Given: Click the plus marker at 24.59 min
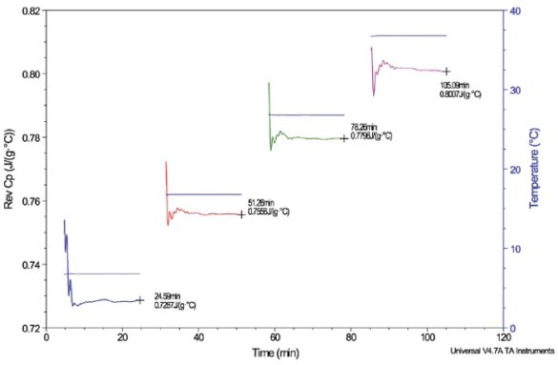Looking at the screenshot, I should (x=140, y=300).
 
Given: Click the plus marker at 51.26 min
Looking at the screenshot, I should (x=241, y=214).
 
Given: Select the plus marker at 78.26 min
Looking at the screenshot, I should (x=343, y=138).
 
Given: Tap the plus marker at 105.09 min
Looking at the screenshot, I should (x=445, y=71).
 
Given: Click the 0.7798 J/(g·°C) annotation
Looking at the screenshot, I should (x=372, y=136).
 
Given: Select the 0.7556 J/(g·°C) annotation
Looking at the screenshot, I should (x=270, y=213).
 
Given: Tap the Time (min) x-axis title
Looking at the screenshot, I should (x=277, y=354).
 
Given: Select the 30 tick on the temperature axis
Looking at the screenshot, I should (x=515, y=91).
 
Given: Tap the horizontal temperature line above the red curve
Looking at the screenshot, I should (x=203, y=194).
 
